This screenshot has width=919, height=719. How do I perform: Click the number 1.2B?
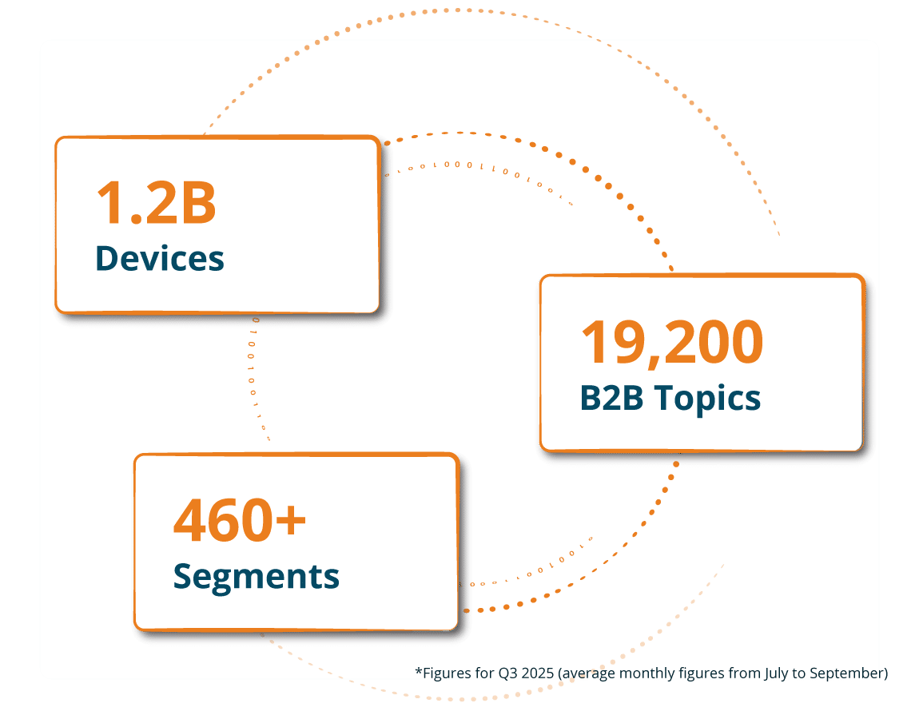[x=156, y=202]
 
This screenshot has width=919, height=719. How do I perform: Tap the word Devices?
[x=160, y=258]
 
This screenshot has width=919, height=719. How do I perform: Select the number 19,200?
[x=671, y=342]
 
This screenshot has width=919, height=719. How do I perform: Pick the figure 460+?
[x=240, y=519]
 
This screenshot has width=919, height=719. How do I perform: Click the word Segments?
[x=257, y=576]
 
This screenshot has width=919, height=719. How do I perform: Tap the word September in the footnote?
[x=846, y=673]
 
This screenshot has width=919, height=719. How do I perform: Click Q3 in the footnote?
[x=507, y=673]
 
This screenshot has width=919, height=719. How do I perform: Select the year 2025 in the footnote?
[x=539, y=673]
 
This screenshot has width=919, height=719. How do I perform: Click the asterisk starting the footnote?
[x=418, y=672]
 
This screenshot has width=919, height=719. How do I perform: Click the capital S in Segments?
[x=184, y=576]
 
